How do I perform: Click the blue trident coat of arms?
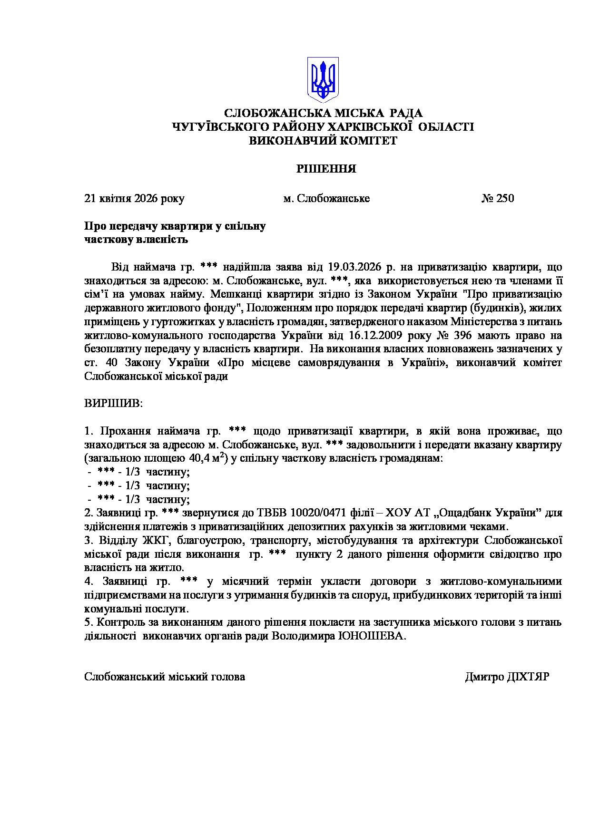[x=323, y=79]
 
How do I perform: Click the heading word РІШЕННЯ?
[x=326, y=169]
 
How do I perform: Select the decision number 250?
[x=505, y=198]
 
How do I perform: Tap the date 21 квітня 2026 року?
[x=134, y=198]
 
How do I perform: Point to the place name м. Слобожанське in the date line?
[x=326, y=198]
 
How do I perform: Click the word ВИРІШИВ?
[x=113, y=404]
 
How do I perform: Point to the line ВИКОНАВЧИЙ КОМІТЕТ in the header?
[x=323, y=141]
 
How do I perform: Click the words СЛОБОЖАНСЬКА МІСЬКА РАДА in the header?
[x=323, y=113]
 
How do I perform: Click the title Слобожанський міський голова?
[x=165, y=677]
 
